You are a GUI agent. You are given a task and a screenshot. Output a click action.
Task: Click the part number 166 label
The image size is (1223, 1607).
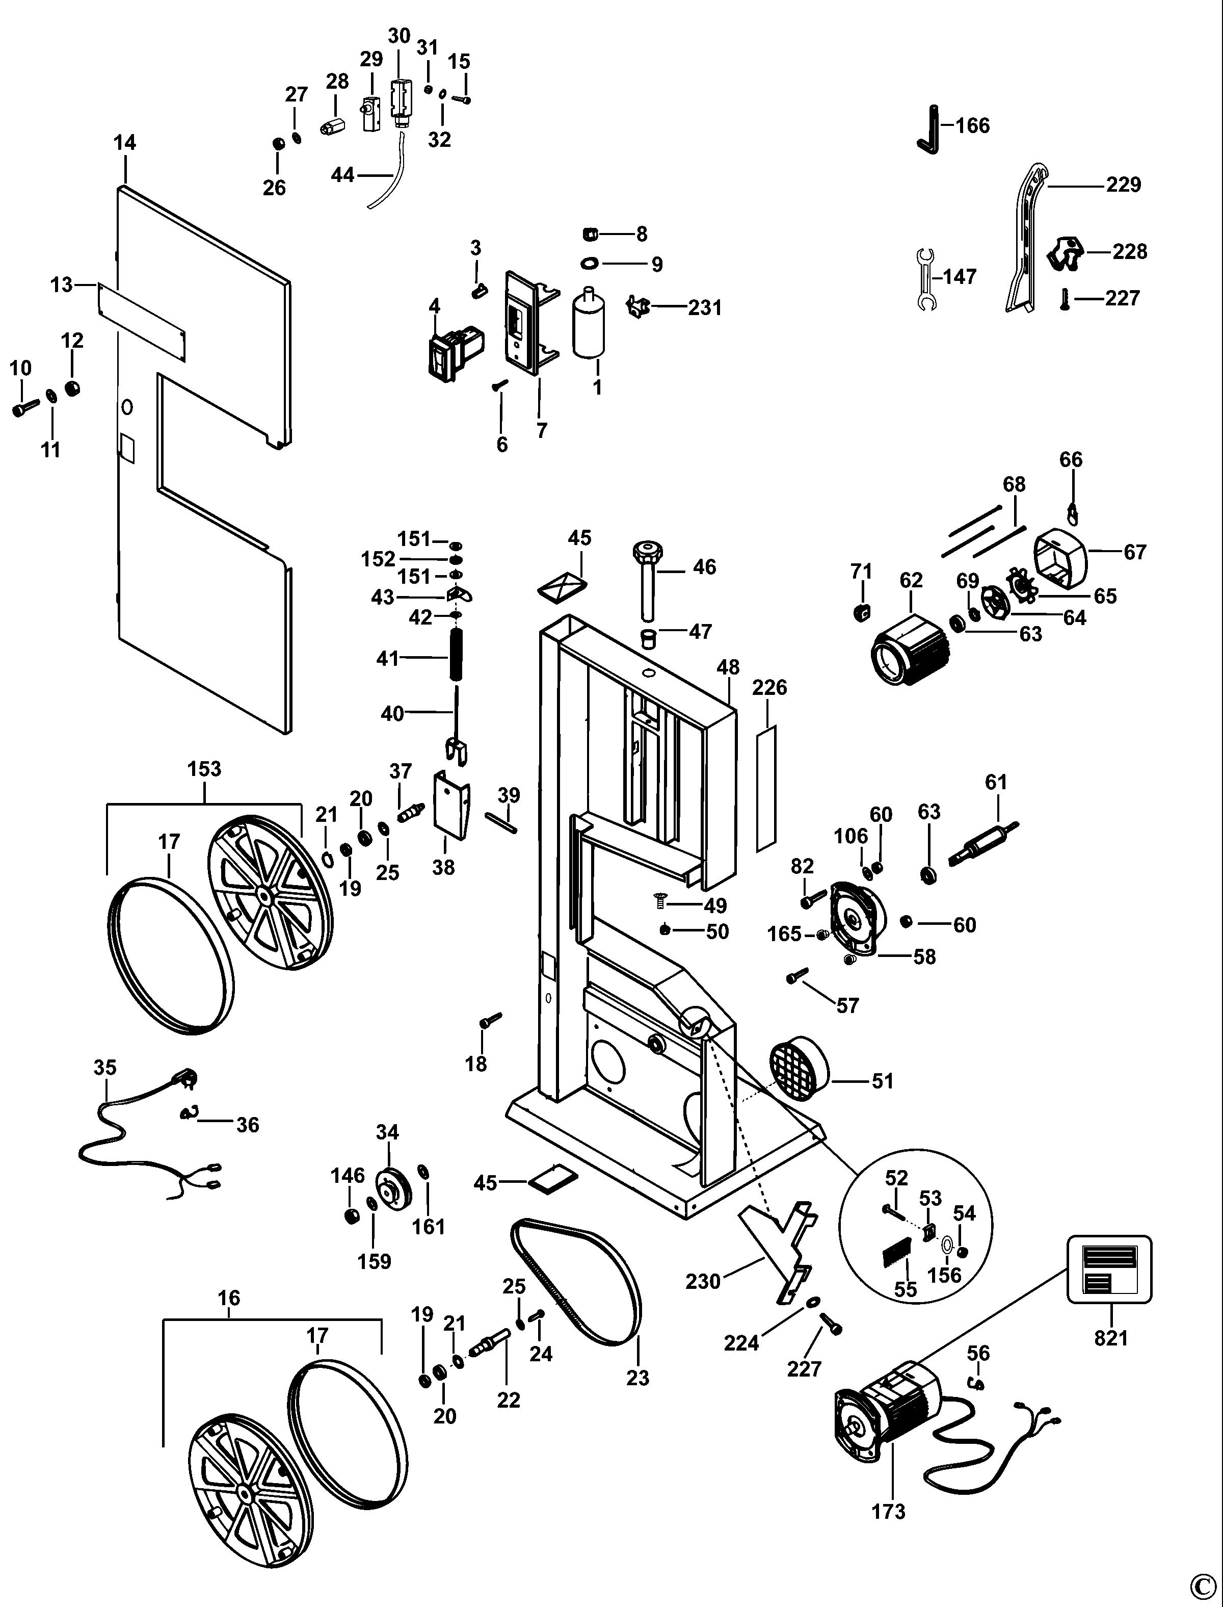click(x=973, y=126)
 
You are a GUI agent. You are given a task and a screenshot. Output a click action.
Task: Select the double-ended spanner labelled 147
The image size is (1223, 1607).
click(x=924, y=279)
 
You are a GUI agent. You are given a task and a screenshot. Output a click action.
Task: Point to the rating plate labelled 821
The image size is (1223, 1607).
click(x=1109, y=1269)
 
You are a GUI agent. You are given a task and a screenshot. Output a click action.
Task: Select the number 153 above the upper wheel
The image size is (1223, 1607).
click(x=204, y=769)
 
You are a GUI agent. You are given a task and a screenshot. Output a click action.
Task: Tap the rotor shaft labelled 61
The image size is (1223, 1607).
click(x=984, y=844)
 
